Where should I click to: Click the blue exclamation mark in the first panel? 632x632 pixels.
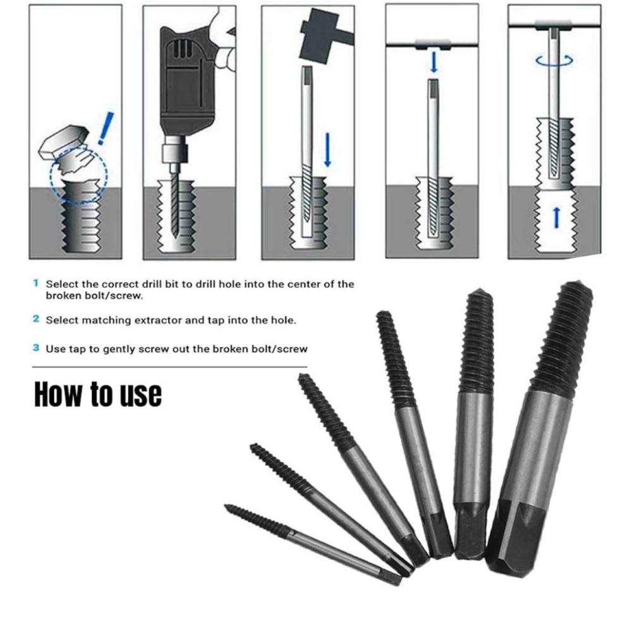(106, 128)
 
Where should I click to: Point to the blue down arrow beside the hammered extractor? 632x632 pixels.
(327, 150)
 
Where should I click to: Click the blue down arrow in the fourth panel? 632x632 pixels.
(434, 62)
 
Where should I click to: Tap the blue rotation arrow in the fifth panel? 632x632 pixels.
(554, 61)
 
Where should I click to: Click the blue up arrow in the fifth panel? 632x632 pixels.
(557, 217)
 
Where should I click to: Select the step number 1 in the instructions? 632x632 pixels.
(36, 283)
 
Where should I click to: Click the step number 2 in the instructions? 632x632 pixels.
(36, 319)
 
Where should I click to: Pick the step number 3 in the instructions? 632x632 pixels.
(36, 348)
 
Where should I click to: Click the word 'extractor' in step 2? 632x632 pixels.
(157, 320)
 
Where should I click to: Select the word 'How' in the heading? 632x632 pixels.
(59, 394)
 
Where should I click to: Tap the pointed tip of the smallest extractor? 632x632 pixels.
(226, 506)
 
